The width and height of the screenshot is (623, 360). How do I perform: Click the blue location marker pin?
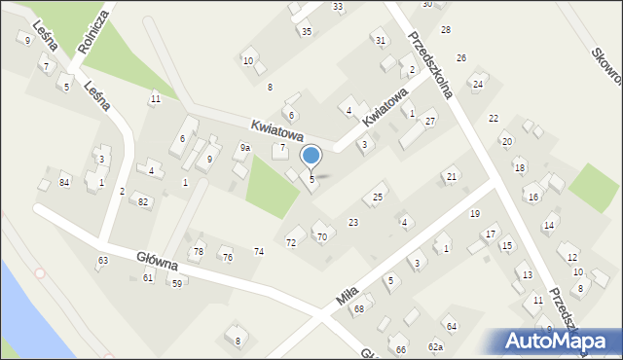(x=311, y=156)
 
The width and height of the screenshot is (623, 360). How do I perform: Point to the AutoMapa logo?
(x=555, y=341)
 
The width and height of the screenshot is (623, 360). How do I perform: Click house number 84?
(x=64, y=182)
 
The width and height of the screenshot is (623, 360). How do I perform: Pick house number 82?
(x=143, y=201)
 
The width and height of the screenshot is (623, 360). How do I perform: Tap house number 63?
(x=102, y=260)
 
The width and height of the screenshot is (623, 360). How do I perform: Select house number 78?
(x=199, y=252)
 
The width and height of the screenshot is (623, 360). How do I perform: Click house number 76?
(x=227, y=257)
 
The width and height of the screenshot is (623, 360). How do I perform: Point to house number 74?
(x=259, y=251)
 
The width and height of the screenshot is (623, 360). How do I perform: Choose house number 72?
(x=290, y=241)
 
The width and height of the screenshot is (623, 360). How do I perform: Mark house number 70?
(x=321, y=236)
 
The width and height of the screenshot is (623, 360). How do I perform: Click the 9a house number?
(x=245, y=148)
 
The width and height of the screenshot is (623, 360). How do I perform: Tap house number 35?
(x=306, y=31)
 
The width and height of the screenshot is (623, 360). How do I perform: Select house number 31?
(x=381, y=40)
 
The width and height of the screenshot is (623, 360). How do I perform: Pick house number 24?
(x=477, y=84)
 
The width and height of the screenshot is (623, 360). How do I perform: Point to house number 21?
(x=451, y=176)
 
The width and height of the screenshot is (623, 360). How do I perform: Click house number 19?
(x=475, y=213)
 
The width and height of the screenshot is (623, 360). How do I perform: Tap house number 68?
(x=358, y=309)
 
